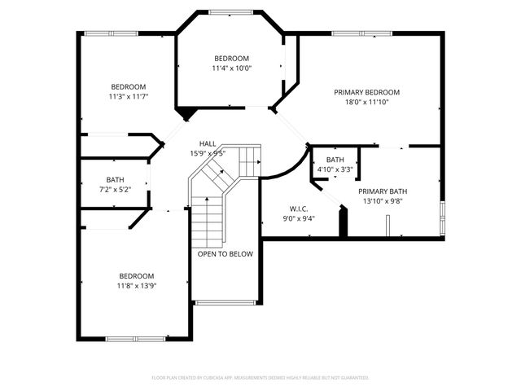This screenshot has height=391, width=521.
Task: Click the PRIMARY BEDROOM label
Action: (366, 92)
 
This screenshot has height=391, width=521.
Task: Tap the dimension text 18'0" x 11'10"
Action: (366, 103)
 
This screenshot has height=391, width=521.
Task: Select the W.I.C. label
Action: (298, 209)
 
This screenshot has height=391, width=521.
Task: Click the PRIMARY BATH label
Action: (382, 191)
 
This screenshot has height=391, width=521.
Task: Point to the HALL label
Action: (208, 143)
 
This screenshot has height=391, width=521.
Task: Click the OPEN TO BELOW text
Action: (225, 254)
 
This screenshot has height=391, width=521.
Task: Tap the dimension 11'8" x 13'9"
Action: (136, 286)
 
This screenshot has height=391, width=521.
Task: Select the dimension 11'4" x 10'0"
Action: (232, 69)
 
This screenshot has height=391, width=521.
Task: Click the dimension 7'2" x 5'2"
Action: (115, 190)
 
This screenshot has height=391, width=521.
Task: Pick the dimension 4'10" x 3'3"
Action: (335, 169)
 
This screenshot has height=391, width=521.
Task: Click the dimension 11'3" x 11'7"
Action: (129, 97)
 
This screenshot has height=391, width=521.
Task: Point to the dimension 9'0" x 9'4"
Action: (298, 218)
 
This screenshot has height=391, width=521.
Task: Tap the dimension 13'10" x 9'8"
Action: (382, 201)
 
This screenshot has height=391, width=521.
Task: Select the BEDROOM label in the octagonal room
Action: (232, 59)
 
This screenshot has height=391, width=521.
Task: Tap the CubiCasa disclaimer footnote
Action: (260, 378)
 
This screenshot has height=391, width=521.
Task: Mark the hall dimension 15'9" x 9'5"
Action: (208, 153)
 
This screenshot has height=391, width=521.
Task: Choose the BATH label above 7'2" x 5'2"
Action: (115, 179)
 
